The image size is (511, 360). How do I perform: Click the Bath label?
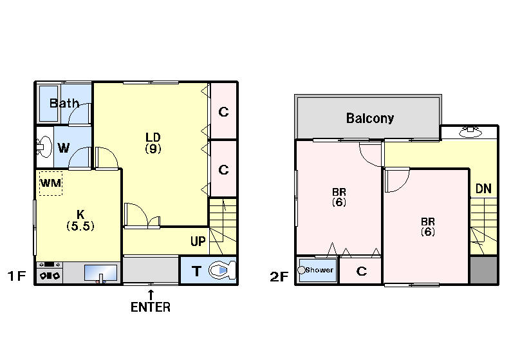pos(64,104)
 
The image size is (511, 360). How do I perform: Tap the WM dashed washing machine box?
pos(50,184)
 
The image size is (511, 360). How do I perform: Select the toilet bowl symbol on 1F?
pos(222,270)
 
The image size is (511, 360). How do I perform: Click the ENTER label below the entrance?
pos(151,307)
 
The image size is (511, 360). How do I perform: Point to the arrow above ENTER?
pos(151,295)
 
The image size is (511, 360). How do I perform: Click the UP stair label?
pos(198,242)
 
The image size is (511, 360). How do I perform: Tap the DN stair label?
pos(483,189)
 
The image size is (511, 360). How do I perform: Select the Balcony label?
pos(370,118)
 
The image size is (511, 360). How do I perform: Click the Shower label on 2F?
pos(319,270)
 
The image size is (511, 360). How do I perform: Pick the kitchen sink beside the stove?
pos(100,273)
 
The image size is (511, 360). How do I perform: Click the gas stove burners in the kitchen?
pos(50,276)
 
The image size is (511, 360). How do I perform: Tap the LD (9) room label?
pos(153,143)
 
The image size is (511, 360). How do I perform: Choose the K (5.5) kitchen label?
pos(80,220)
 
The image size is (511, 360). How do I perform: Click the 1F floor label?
pos(17,276)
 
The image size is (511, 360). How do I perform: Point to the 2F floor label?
pos(279,276)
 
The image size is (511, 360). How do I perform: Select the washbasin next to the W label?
pos(44,147)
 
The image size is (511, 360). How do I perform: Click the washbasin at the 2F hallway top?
pos(470,132)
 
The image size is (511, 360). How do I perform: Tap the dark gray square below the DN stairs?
pos(483,270)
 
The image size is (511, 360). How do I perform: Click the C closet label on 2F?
pos(362,271)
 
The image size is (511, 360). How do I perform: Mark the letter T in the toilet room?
pos(196,271)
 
